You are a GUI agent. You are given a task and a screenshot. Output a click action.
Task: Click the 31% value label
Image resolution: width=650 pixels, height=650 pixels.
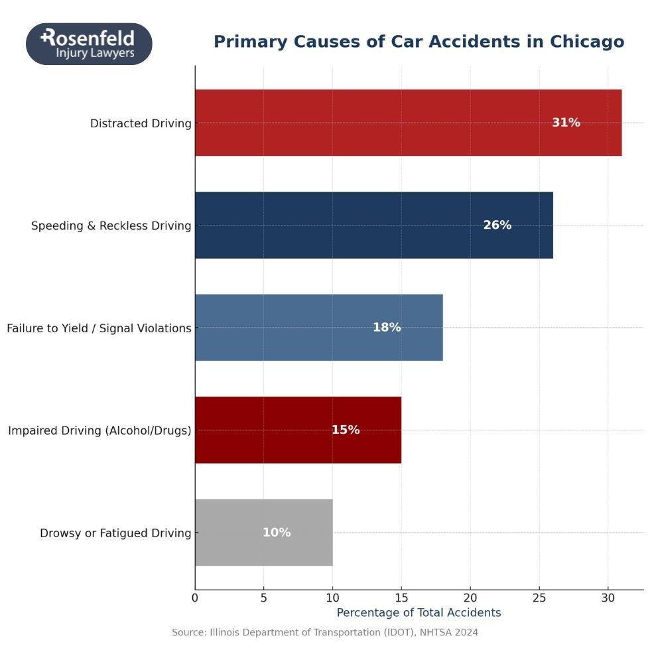[x=566, y=123]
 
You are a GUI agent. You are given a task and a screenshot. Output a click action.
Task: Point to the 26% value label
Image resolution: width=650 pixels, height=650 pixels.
[x=497, y=226]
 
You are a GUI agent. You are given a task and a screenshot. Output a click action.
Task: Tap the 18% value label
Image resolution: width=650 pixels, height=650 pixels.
[x=387, y=328]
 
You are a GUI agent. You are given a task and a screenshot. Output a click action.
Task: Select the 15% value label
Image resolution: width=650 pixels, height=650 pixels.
[x=346, y=430]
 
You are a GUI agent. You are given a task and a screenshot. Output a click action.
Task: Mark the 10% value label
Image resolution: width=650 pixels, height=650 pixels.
[x=277, y=533]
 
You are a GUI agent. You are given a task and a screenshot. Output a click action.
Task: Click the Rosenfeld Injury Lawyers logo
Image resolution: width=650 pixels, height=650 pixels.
[x=89, y=44]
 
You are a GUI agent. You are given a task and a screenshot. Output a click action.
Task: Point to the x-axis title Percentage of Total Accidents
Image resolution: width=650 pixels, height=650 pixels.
[x=419, y=613]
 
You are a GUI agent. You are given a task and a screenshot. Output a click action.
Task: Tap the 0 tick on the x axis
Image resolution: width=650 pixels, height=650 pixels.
[x=195, y=598]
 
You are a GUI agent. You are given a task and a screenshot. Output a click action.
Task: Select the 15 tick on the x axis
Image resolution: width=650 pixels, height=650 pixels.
[x=401, y=598]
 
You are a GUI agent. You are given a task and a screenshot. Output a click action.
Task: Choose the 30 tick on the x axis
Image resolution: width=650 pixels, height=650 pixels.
[x=608, y=598]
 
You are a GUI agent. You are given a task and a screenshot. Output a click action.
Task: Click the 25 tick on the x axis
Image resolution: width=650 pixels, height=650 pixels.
[x=539, y=598]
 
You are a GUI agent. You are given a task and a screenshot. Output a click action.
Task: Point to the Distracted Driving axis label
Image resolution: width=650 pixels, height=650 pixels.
[x=141, y=123]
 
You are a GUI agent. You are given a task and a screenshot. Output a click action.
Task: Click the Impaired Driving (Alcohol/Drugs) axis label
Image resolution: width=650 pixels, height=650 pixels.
[x=99, y=430]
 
